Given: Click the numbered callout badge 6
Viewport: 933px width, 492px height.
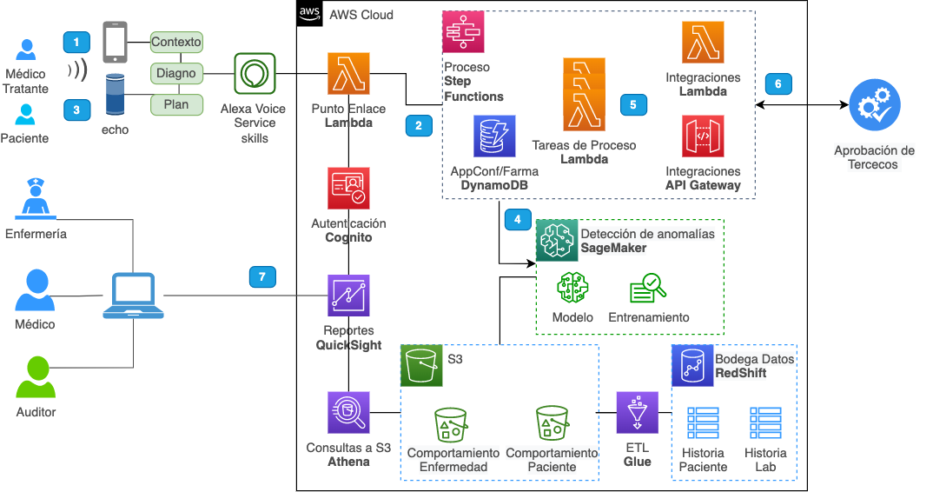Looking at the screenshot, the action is point(778,83).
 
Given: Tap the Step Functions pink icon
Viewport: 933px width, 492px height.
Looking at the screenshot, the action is point(463,31).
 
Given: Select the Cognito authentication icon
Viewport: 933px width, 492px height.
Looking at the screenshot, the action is point(348,189).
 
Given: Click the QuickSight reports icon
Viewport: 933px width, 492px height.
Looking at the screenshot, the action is point(348,296).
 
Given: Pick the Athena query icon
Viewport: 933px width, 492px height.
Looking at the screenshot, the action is point(348,412).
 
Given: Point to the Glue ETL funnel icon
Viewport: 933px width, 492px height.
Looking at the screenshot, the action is point(638,412).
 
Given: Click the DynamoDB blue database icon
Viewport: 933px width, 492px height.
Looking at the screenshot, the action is point(494,136).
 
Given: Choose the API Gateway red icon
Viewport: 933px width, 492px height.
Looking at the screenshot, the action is point(704,136).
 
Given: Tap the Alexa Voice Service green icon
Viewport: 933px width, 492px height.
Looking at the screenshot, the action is point(255,74).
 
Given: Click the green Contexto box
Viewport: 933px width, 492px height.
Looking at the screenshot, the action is point(176,42).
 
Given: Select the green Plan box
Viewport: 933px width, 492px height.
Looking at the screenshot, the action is point(176,105).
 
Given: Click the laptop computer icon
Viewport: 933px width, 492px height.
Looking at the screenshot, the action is point(133,296).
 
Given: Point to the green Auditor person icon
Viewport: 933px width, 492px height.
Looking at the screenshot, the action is point(36,377).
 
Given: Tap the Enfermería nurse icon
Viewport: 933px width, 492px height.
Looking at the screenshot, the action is point(36,198).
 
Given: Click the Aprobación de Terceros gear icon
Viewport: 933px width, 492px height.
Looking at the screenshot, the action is point(875,105).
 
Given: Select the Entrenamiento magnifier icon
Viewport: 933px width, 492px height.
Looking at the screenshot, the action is point(648,289).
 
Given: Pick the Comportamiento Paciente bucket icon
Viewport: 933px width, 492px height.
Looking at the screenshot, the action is point(553,423).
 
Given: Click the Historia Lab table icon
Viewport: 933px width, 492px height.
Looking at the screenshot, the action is point(766,423).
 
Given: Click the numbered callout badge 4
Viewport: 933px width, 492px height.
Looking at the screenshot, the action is point(518,219).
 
